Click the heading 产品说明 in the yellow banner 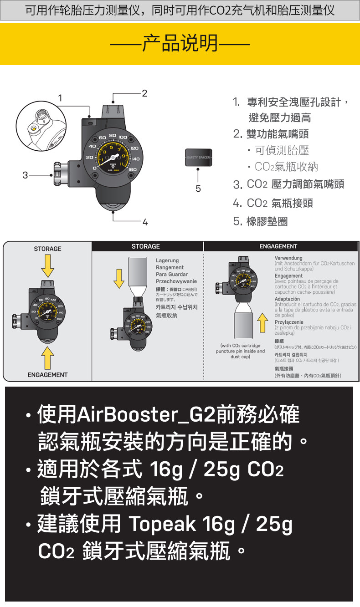click(x=180, y=44)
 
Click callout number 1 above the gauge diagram click(x=60, y=97)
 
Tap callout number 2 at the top click(x=144, y=93)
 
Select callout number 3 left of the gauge click(x=26, y=174)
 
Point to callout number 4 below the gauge click(x=145, y=223)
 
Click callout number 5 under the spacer click(x=198, y=188)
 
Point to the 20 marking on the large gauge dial click(x=89, y=157)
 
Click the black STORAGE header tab click(x=145, y=246)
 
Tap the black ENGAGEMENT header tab click(x=278, y=246)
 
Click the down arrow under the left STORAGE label click(x=48, y=266)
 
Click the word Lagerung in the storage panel click(x=167, y=260)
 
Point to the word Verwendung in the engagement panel click(x=288, y=259)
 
